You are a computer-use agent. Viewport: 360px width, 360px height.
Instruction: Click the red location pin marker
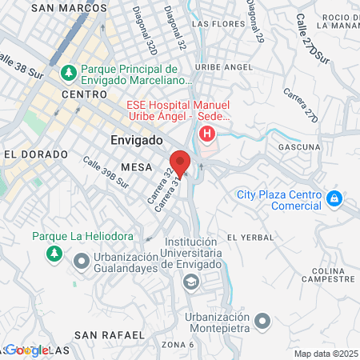(180, 162)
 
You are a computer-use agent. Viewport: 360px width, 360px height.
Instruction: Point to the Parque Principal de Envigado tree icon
(69, 73)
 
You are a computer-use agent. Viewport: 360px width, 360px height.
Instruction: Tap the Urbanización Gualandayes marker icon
(82, 262)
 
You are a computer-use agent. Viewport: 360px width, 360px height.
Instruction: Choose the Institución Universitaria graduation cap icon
(191, 281)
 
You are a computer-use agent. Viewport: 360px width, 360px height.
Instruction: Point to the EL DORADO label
(30, 153)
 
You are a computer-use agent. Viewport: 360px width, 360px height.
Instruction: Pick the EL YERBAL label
(250, 238)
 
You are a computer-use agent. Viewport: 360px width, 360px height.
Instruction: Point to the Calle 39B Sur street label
(106, 171)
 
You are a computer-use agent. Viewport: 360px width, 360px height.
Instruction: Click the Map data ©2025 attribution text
(326, 354)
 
